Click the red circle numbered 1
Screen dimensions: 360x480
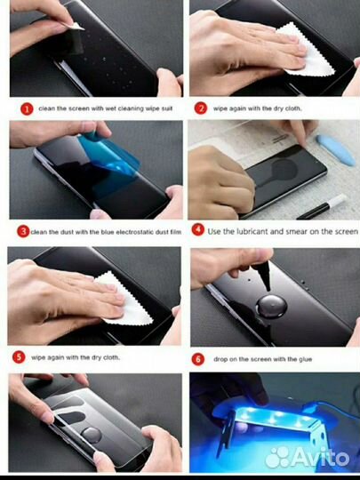(27, 109)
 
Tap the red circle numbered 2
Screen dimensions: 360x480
(201, 108)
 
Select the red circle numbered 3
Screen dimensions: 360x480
(23, 231)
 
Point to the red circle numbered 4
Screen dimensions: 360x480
(197, 229)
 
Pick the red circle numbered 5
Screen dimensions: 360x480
(19, 357)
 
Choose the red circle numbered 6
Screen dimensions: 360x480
(197, 359)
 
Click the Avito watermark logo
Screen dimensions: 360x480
(307, 458)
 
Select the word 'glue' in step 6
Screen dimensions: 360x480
(305, 359)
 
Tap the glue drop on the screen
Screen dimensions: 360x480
(271, 307)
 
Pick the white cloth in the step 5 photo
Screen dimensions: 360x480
(124, 299)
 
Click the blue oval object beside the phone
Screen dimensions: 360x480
(336, 150)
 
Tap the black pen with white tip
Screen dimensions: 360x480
(322, 207)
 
